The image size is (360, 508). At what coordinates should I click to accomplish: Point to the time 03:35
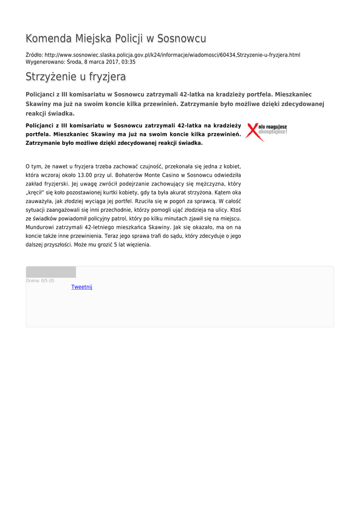(129, 62)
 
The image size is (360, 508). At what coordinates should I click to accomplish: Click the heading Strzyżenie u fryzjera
(75, 77)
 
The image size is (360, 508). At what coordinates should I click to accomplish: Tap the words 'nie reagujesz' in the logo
(274, 127)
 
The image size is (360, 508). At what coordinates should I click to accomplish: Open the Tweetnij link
(82, 287)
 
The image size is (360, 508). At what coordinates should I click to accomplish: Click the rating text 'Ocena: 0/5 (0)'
(40, 281)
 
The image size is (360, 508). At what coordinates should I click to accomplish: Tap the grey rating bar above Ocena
(51, 272)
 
